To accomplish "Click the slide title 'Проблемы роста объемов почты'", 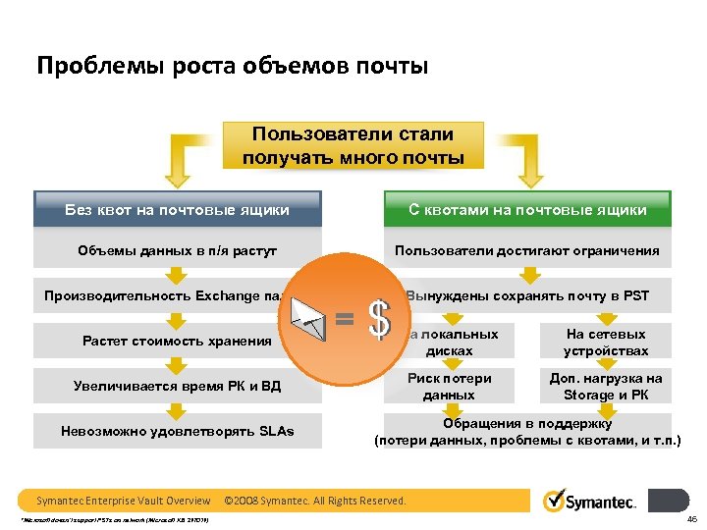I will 233,67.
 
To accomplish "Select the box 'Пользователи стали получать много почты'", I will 353,145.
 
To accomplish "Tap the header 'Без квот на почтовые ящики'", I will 177,210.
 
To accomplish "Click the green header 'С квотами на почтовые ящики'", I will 527,210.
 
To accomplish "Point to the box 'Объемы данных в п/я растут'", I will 177,250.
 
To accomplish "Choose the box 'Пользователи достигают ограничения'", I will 527,250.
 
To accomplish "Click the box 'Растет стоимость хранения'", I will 177,342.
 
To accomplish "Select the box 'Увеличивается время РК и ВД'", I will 177,386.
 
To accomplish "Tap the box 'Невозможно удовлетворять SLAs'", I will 177,431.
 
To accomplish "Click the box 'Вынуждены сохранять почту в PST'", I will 527,295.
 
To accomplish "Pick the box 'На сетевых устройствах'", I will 606,343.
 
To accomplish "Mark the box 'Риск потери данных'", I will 450,387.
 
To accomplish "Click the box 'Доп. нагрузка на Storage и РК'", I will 606,387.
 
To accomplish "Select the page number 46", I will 691,519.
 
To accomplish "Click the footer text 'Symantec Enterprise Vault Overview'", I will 124,501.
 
